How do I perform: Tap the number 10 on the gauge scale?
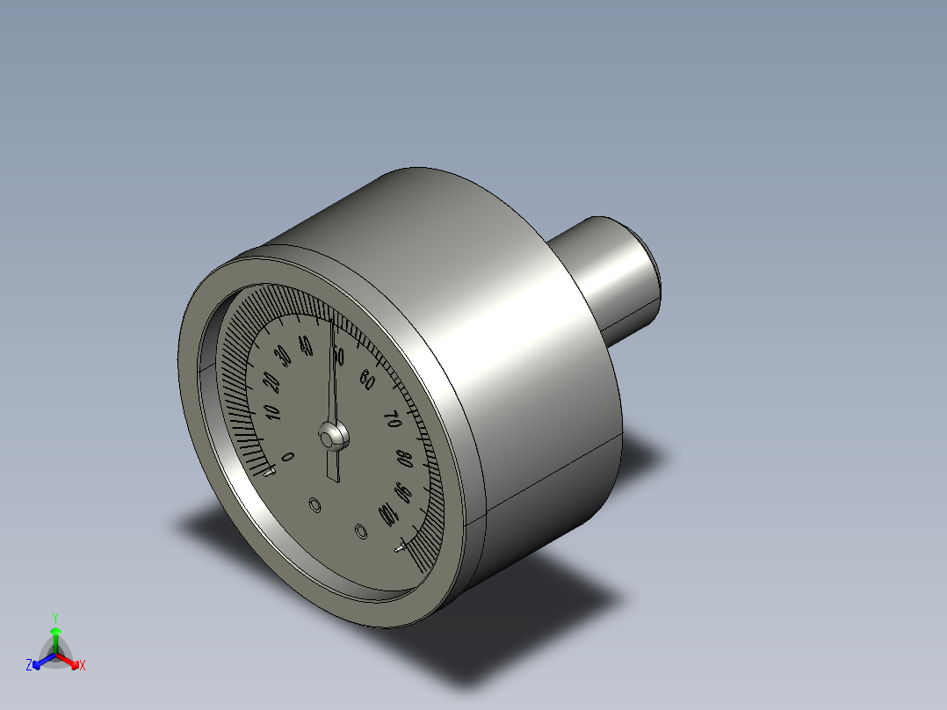(271, 412)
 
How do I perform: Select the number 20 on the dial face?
(271, 383)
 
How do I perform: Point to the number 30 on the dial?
(283, 358)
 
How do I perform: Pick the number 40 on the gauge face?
(306, 344)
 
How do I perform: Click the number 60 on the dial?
(368, 380)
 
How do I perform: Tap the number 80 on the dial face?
(403, 459)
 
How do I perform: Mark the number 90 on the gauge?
(402, 492)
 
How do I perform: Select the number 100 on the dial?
(387, 514)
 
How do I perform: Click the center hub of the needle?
(332, 436)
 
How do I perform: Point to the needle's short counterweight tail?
(332, 466)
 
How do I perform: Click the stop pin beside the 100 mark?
(401, 548)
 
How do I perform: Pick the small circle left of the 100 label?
(360, 531)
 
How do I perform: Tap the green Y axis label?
(55, 617)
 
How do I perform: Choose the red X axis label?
(83, 666)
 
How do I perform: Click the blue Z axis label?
(29, 665)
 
